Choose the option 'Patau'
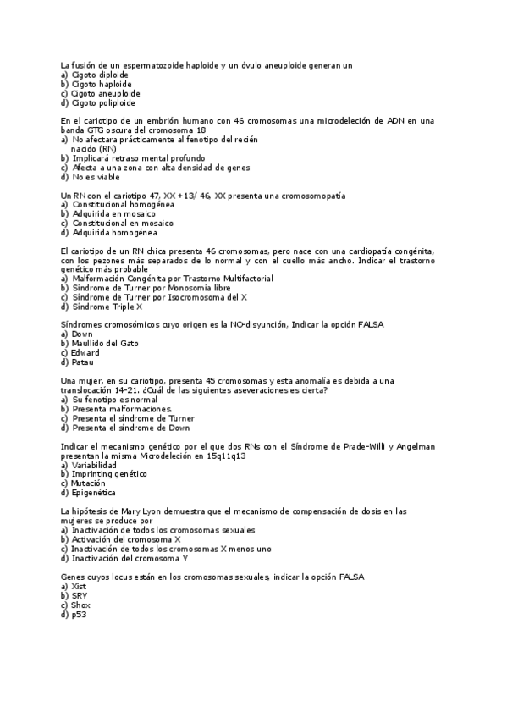point(82,362)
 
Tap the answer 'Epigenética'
point(94,493)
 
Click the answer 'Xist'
point(79,586)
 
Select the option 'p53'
point(79,614)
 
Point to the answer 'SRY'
point(80,595)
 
